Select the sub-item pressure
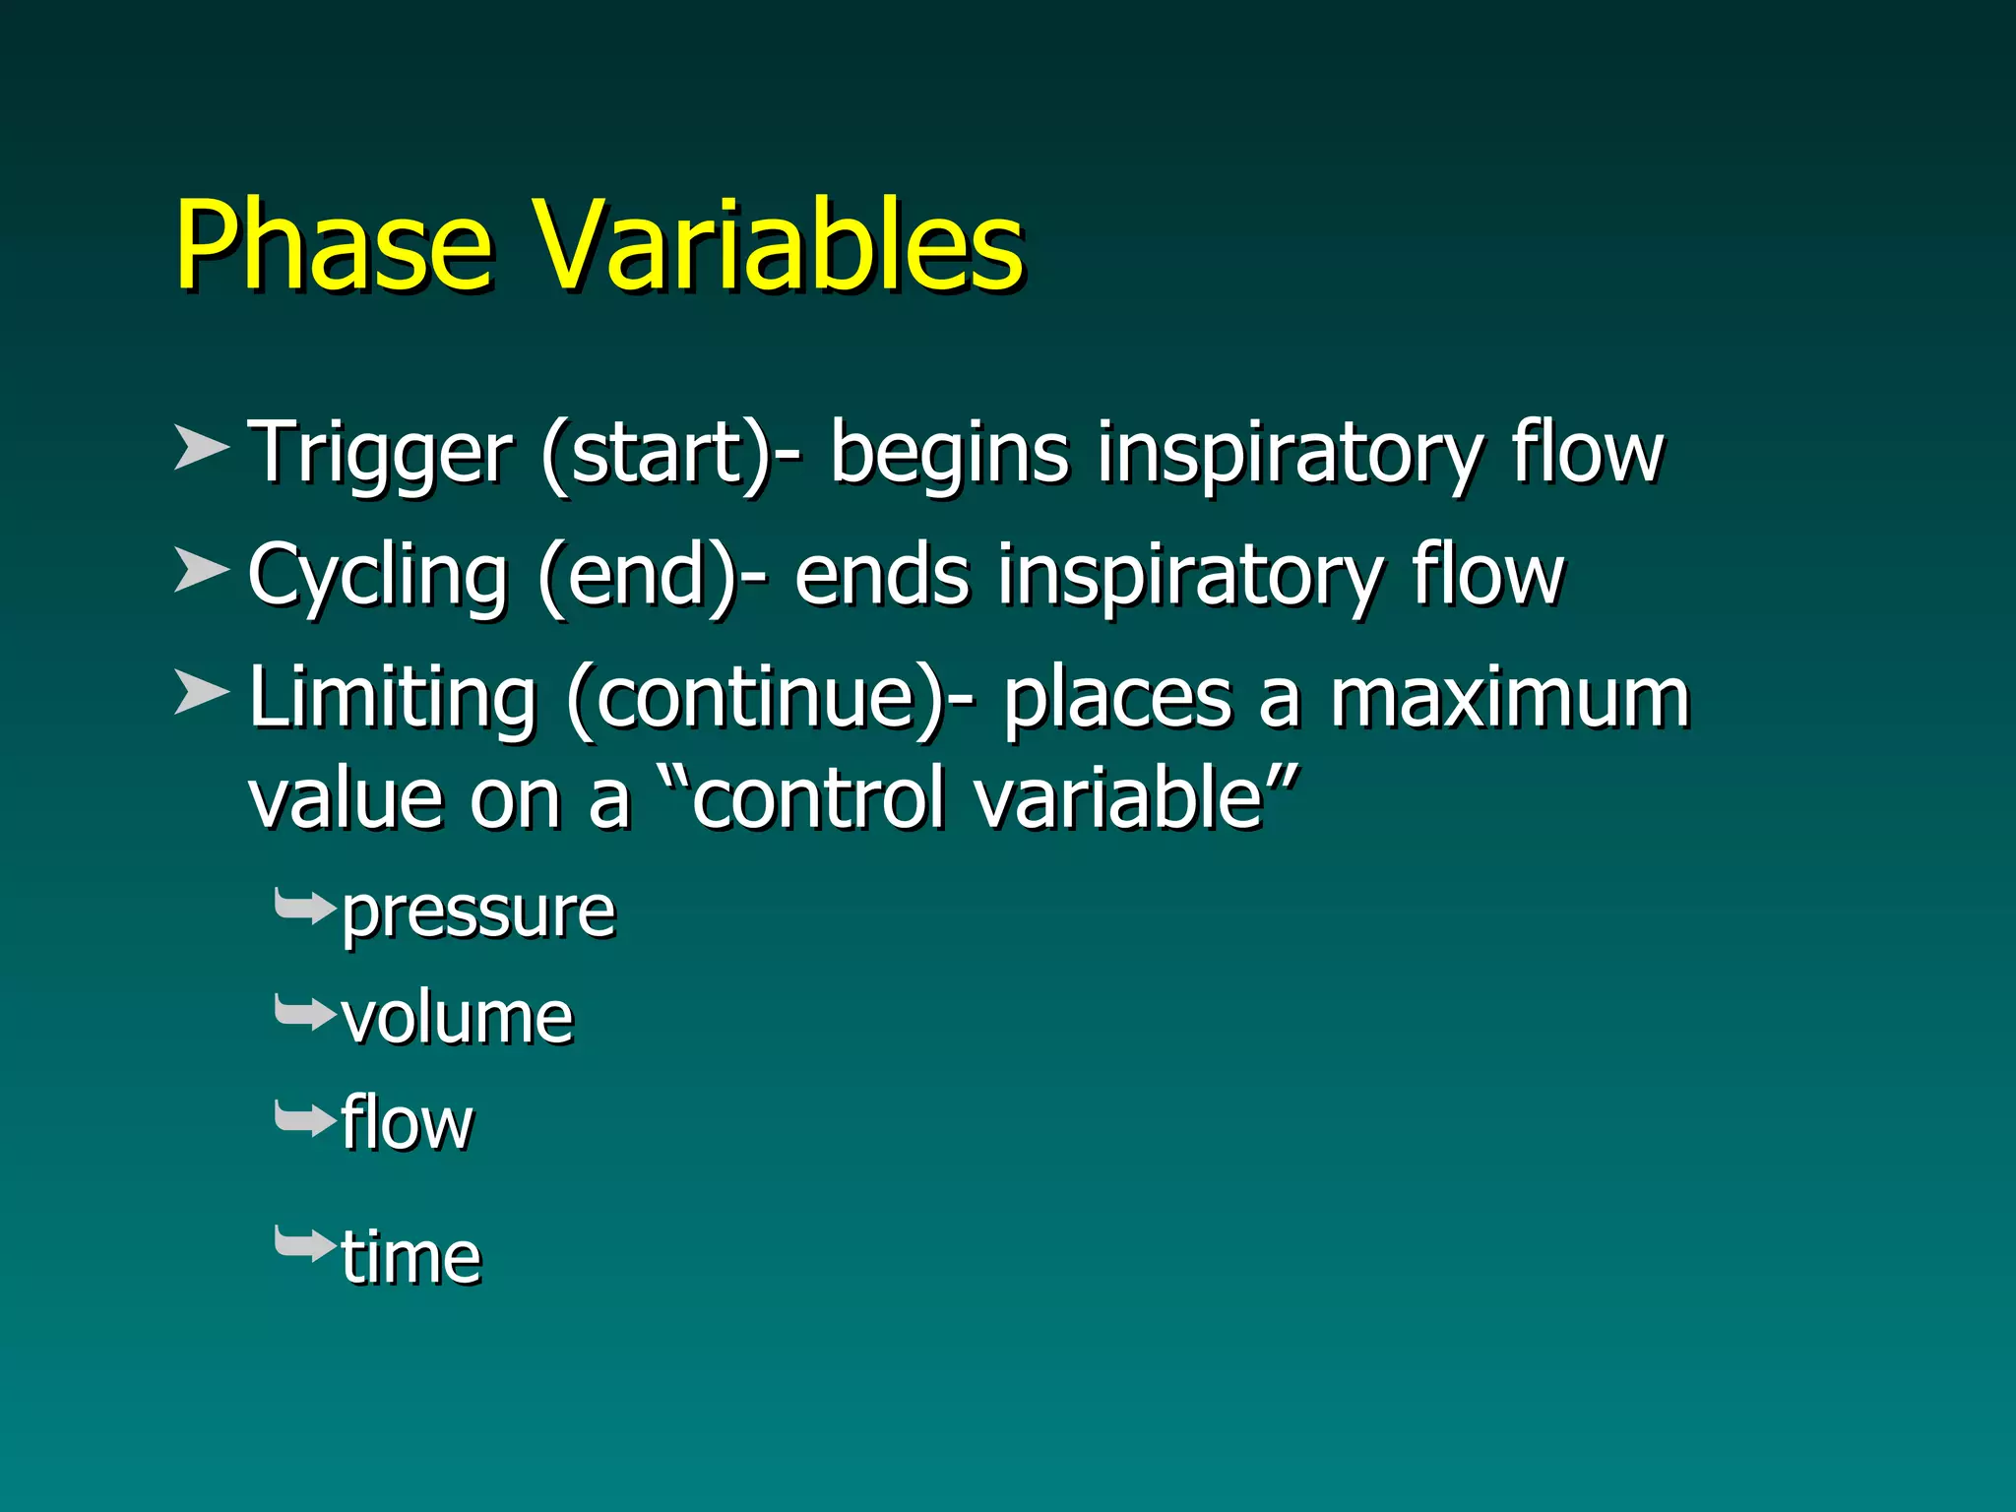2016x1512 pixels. [x=478, y=913]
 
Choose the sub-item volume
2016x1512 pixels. [x=458, y=1018]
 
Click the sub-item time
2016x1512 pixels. [x=411, y=1258]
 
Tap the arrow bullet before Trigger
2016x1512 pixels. [x=201, y=449]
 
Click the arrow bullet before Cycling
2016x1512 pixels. [x=201, y=571]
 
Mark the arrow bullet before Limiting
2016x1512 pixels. [x=201, y=693]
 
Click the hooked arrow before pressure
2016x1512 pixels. [x=305, y=907]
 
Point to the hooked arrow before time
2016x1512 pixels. [x=305, y=1244]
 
